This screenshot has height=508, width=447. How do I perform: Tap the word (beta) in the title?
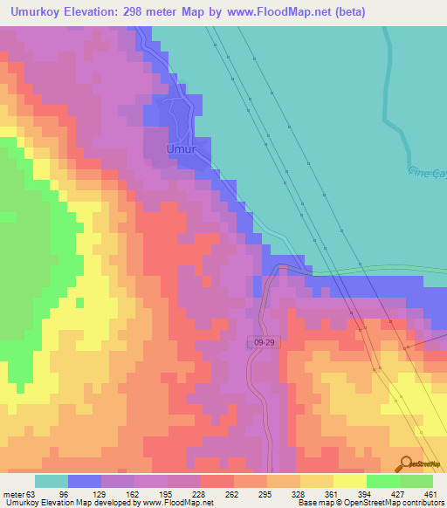(347, 12)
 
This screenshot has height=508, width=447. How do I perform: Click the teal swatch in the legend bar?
(52, 481)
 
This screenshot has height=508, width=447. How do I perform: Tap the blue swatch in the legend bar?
(85, 481)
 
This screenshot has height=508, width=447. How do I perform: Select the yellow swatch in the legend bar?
(349, 481)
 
